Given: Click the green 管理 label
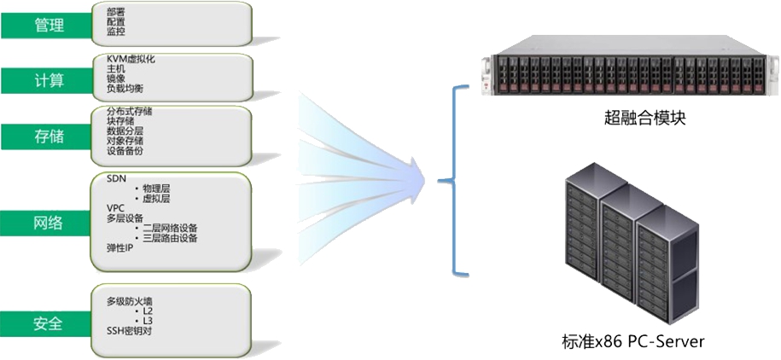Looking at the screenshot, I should (49, 26).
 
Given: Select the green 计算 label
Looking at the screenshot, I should (49, 81).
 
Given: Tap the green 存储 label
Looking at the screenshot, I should (49, 136).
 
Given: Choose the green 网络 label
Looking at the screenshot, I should (49, 223).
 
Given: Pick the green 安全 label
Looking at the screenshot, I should (49, 323).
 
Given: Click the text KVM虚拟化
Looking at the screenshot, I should (131, 59).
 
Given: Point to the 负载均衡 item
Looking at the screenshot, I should (125, 88).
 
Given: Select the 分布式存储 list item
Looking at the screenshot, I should (130, 111).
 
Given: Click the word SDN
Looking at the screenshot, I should (115, 179).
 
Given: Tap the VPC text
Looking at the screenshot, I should (115, 208).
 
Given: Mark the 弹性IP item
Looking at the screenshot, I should (119, 247).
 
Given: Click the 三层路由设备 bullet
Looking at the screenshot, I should (170, 238).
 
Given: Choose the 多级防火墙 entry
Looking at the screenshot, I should (129, 301).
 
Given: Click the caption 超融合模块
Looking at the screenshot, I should (632, 118).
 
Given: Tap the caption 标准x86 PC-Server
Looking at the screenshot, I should (632, 341).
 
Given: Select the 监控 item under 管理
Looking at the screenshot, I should (116, 32).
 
